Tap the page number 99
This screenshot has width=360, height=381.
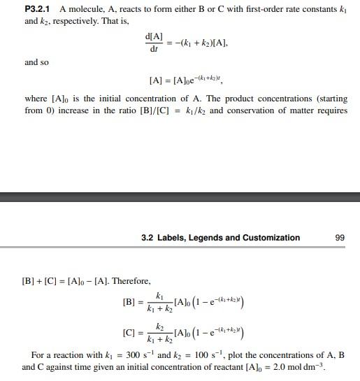(340, 238)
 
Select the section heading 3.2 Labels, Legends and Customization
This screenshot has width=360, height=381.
(220, 238)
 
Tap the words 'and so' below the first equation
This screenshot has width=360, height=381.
(36, 62)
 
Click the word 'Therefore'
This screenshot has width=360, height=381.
(131, 282)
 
